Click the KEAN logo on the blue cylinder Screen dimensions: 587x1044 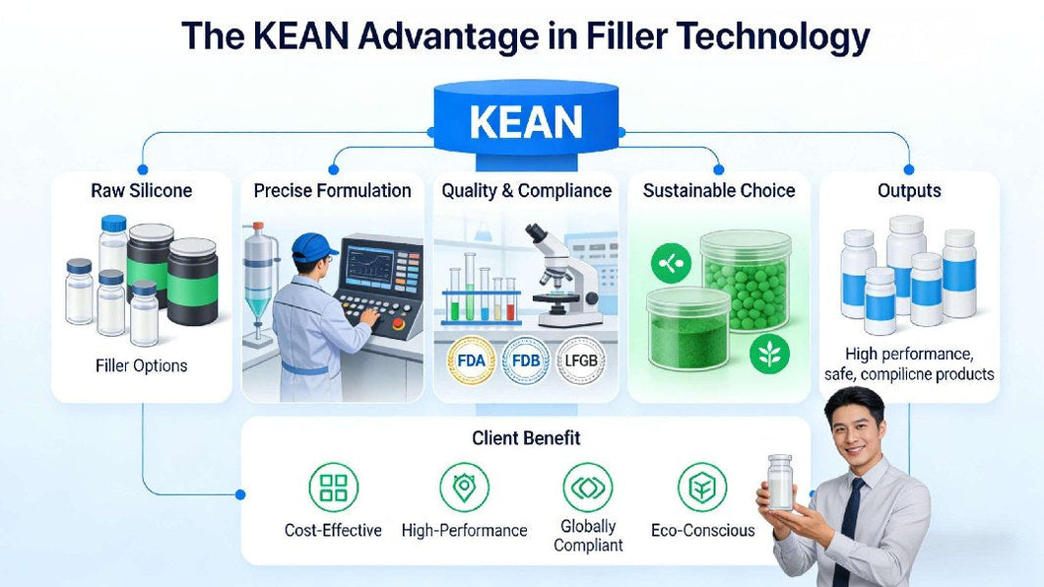pos(526,122)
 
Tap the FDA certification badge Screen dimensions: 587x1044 pos(472,360)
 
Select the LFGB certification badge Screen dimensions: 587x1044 pos(580,360)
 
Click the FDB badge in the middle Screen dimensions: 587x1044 pos(526,360)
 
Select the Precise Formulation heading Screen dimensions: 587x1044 pos(332,191)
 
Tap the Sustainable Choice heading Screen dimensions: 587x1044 pos(719,191)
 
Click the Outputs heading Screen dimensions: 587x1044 pos(909,191)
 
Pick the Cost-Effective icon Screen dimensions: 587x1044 pos(334,488)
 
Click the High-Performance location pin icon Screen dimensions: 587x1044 pos(463,488)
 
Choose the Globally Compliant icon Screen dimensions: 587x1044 pos(588,488)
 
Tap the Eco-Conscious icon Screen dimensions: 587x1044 pos(702,488)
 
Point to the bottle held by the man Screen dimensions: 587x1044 pos(780,483)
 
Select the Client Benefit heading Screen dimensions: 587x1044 pos(526,438)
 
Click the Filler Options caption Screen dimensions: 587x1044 pos(142,365)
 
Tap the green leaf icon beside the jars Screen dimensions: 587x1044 pos(769,354)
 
